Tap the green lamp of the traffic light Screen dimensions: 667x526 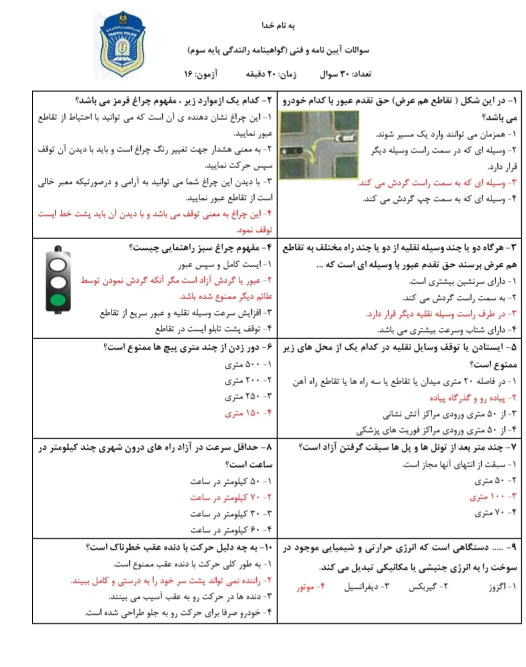point(58,300)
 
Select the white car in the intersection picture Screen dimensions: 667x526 point(346,136)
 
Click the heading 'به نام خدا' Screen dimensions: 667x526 point(278,25)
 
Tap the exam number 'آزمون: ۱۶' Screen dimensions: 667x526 point(200,74)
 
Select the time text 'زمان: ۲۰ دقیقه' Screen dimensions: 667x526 point(270,74)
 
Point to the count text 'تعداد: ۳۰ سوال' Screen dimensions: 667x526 point(345,74)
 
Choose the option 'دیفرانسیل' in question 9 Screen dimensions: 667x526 point(366,587)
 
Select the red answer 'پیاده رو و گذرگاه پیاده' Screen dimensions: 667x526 point(467,397)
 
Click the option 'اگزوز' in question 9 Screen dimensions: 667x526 point(502,587)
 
